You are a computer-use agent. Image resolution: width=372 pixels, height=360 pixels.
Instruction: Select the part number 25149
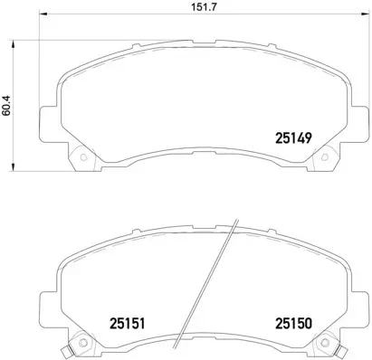292,138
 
